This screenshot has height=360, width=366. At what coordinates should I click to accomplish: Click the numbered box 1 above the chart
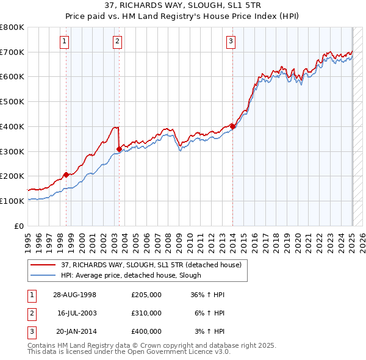click(65, 41)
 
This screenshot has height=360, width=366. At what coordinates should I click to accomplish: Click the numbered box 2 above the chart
click(117, 41)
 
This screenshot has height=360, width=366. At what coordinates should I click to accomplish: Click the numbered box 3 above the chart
click(231, 41)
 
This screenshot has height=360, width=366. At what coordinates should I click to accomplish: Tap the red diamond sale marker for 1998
click(66, 175)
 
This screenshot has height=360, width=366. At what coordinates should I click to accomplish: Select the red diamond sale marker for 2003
click(118, 148)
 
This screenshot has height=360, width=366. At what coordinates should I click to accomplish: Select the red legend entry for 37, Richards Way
click(151, 265)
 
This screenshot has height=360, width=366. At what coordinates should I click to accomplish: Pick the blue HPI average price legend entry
click(131, 275)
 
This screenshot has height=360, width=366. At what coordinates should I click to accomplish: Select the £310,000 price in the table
click(146, 313)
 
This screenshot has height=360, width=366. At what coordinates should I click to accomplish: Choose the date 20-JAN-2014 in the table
click(74, 331)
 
